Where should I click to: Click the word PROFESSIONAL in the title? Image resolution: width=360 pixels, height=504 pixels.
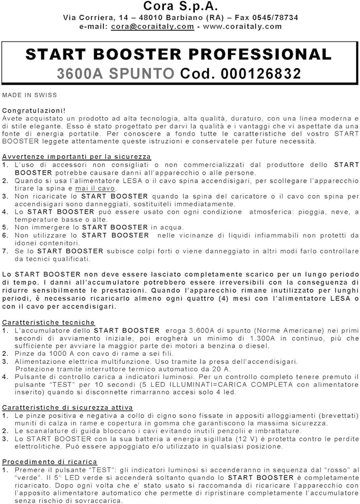pyautogui.click(x=265, y=54)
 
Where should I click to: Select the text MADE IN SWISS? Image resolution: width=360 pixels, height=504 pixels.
pyautogui.click(x=29, y=95)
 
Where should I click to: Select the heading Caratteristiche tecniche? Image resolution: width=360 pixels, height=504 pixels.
pyautogui.click(x=48, y=323)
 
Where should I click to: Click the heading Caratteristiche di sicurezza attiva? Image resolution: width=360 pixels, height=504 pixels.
pyautogui.click(x=67, y=407)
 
